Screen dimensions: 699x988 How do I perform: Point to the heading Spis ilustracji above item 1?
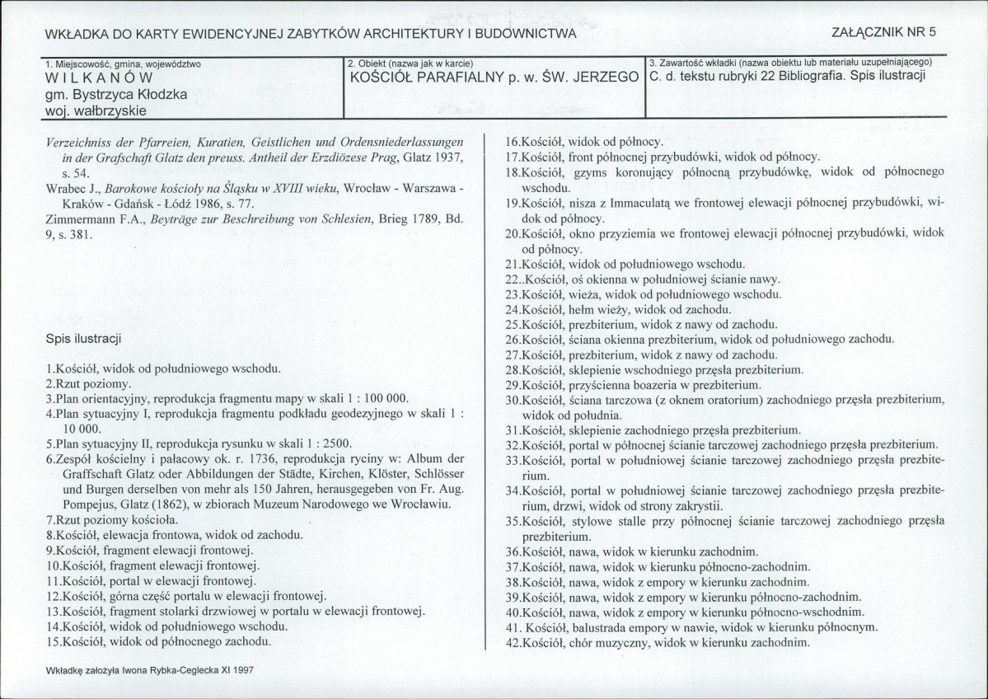click(x=85, y=339)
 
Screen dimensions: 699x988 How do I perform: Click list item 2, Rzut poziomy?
click(x=86, y=384)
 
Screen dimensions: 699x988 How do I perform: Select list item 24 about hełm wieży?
click(x=617, y=310)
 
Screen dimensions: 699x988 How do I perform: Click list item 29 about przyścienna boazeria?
click(x=634, y=385)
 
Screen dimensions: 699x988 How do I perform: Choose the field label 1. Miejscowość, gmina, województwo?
click(x=124, y=63)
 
